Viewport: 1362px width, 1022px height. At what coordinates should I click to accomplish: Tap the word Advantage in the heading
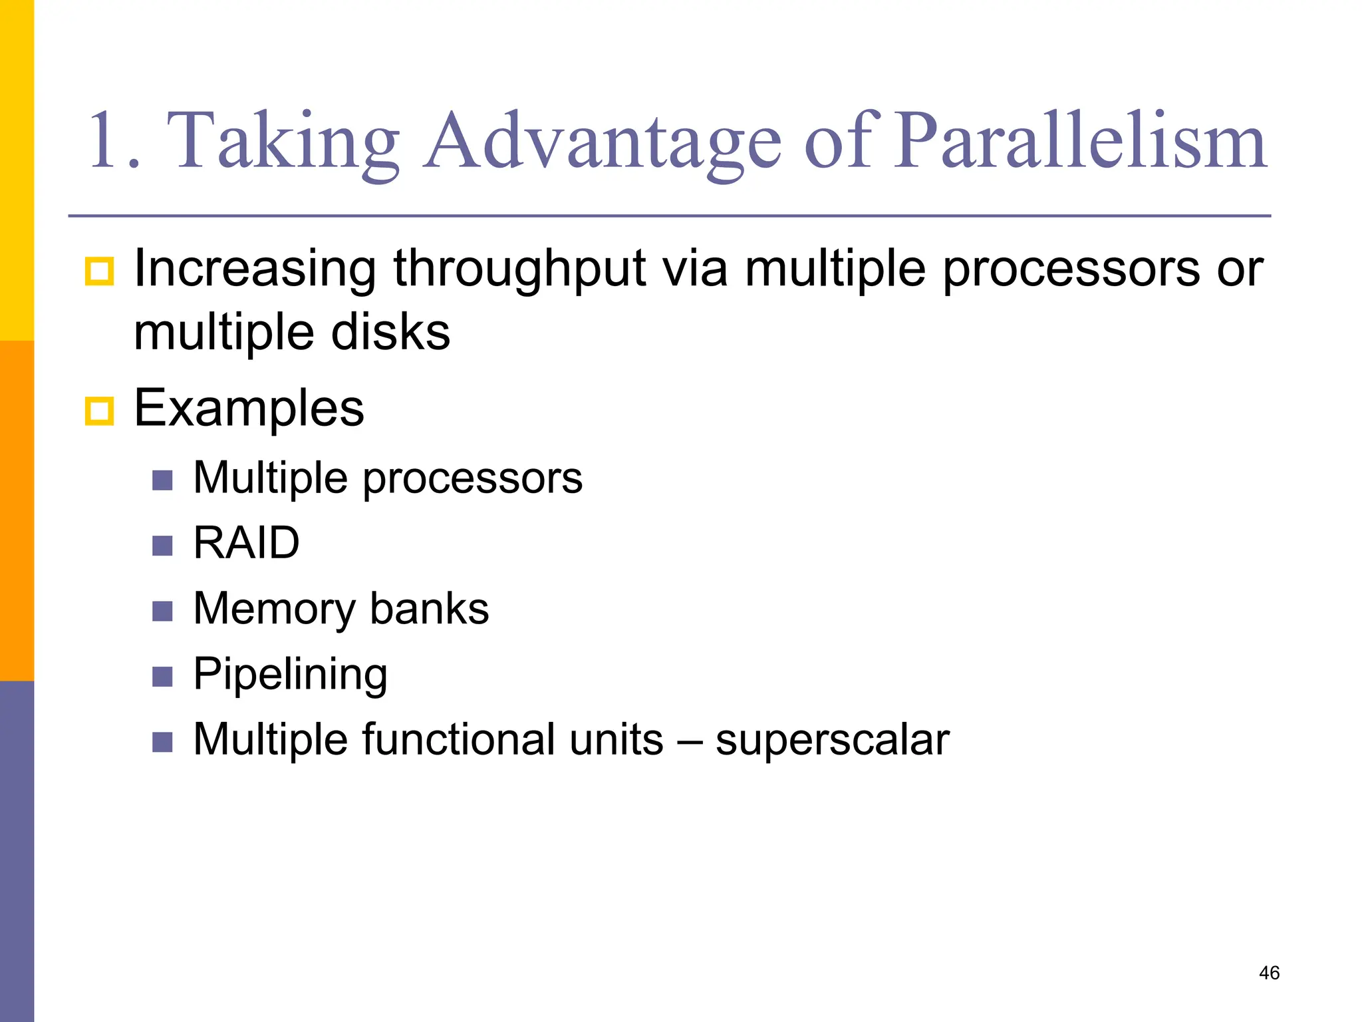pos(603,141)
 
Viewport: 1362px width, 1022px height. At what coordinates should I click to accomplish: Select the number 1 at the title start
pos(106,141)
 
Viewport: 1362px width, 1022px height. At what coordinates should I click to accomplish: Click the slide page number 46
pos(1269,973)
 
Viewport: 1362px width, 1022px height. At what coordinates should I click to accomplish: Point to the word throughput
pos(519,269)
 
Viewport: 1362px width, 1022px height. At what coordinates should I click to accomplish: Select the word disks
pos(391,332)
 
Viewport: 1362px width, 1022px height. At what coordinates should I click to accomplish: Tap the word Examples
pos(249,408)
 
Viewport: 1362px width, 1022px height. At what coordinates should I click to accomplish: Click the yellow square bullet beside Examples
pos(100,411)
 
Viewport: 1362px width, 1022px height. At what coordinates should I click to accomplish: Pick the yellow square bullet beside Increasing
pos(100,271)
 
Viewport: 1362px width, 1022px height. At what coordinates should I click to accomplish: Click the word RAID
pos(246,543)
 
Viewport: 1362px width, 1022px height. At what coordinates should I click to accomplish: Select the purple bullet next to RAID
pos(162,546)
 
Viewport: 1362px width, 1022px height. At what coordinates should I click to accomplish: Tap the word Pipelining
pos(290,675)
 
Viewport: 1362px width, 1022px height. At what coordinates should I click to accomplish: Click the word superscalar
pos(832,740)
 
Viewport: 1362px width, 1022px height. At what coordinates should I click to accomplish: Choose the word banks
pos(429,609)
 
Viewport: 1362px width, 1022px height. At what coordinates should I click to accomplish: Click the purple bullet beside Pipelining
pos(162,677)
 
